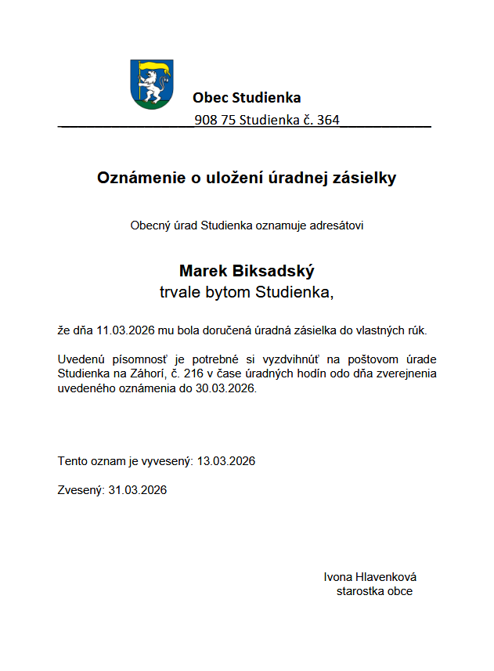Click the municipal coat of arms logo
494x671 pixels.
coord(151,84)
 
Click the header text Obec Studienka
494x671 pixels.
coord(247,98)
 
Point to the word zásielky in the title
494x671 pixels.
coord(366,178)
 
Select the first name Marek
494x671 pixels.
coord(203,271)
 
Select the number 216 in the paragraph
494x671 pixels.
coord(193,373)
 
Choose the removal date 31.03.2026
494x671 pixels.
coord(138,490)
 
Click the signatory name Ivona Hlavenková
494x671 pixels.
coord(370,577)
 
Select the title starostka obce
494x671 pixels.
coord(374,591)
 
